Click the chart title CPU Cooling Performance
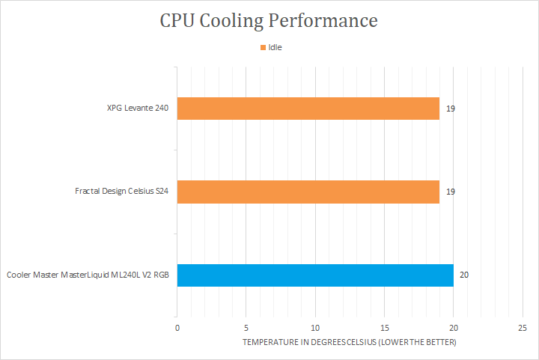(269, 20)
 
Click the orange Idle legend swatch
(264, 47)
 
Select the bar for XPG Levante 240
(308, 109)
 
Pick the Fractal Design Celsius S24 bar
(308, 192)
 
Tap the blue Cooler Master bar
(315, 275)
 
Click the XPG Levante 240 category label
(138, 109)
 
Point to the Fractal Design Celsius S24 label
(122, 192)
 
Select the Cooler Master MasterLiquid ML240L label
(88, 275)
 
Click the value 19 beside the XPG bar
(451, 109)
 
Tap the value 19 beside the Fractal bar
(451, 192)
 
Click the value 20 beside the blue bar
(464, 275)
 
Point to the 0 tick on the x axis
(177, 328)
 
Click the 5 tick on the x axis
(246, 328)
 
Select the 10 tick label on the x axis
(315, 328)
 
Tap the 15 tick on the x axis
(384, 328)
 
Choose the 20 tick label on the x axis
(453, 328)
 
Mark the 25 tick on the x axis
(522, 328)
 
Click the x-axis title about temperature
(349, 342)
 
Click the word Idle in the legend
(275, 47)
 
